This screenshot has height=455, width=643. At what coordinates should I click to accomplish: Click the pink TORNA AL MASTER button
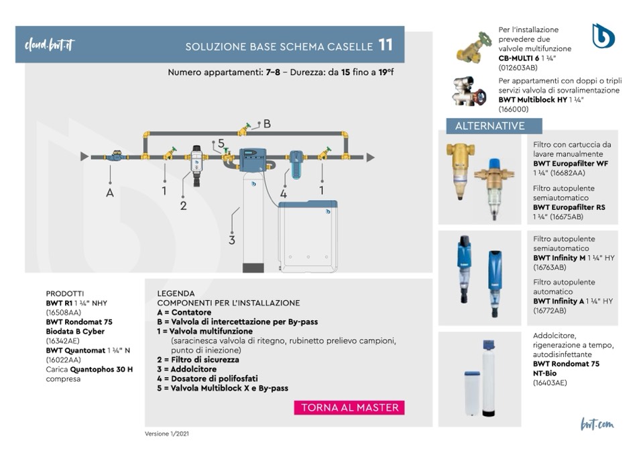point(349,407)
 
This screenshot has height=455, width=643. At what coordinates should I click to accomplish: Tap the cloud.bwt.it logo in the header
point(50,45)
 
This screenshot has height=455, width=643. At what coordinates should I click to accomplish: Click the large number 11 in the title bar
point(386,45)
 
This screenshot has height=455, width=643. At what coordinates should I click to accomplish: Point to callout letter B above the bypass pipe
point(267,123)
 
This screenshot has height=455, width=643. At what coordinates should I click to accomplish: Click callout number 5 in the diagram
point(221,143)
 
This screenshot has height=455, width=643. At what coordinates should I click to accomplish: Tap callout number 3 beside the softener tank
point(232,240)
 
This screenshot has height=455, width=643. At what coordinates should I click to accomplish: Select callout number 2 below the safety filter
point(183,205)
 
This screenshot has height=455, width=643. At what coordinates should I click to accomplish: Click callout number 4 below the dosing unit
point(284,194)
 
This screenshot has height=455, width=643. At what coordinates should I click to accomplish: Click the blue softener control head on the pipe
point(253,160)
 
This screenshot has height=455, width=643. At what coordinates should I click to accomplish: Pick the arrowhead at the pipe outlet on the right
point(370,157)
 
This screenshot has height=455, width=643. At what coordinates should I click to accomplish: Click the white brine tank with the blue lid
point(308,236)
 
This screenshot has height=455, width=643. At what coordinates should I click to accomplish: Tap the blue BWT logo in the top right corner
point(603,36)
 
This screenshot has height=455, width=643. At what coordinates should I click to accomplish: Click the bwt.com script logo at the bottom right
point(597,424)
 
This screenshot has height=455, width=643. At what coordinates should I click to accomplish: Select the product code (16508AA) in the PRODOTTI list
point(64,313)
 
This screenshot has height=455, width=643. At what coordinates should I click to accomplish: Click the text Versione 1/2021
point(167,434)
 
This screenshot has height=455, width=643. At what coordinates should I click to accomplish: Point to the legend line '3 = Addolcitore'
point(186,369)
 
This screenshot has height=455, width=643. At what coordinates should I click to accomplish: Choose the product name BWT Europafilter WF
point(571,164)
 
